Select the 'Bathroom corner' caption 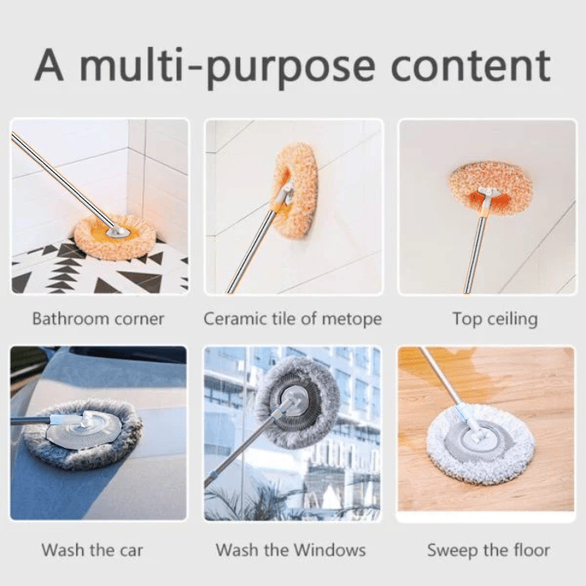pyautogui.click(x=98, y=319)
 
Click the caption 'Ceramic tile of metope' pyautogui.click(x=292, y=319)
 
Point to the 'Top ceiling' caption pyautogui.click(x=494, y=319)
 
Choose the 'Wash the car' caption pyautogui.click(x=92, y=550)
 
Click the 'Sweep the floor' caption pyautogui.click(x=488, y=550)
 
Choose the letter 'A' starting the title pyautogui.click(x=50, y=66)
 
